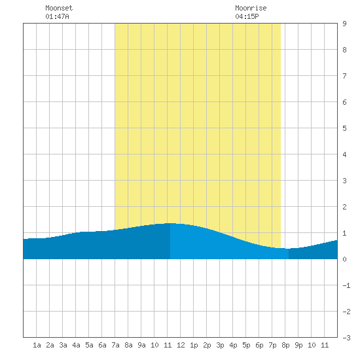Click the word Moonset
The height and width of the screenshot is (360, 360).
(x=59, y=8)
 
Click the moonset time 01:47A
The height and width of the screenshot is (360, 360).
(x=57, y=16)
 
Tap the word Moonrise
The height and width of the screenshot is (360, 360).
(x=251, y=8)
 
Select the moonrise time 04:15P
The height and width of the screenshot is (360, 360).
(x=247, y=16)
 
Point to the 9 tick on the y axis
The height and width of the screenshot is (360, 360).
(x=344, y=24)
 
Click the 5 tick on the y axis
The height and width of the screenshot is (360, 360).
(x=344, y=128)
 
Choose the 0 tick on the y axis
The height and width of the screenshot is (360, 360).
(x=344, y=259)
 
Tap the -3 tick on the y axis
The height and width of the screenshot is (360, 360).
(x=346, y=338)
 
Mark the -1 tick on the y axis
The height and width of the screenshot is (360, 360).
(x=346, y=285)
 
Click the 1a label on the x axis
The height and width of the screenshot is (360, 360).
(x=37, y=345)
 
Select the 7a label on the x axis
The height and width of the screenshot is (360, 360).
(x=115, y=345)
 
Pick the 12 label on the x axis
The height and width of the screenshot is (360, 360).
(x=181, y=345)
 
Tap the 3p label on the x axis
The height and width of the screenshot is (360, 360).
(x=220, y=345)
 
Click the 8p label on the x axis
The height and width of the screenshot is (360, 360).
(x=285, y=345)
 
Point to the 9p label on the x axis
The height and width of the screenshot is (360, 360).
(x=298, y=345)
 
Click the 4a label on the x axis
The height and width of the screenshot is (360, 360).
(x=76, y=345)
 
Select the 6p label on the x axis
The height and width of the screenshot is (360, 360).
(x=259, y=345)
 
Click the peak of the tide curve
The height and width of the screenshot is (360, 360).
(x=171, y=223)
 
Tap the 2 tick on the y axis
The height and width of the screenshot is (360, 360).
(x=344, y=207)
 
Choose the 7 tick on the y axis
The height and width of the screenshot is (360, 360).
(x=344, y=76)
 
